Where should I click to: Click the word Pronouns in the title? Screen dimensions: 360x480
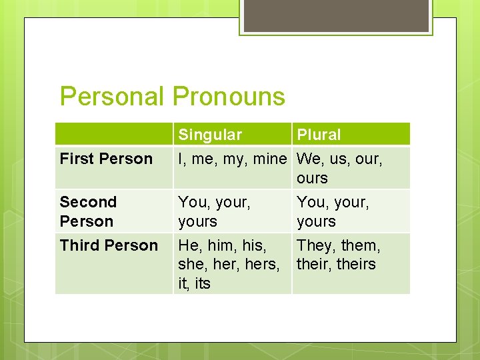(x=229, y=97)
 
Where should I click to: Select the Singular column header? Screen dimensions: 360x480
(x=209, y=135)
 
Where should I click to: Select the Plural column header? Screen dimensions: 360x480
(x=319, y=135)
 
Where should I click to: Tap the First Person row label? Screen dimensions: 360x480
(x=106, y=159)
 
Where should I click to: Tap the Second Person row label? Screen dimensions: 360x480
(x=88, y=211)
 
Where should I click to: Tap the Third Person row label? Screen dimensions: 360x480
(x=109, y=245)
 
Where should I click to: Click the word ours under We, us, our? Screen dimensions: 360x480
(x=312, y=178)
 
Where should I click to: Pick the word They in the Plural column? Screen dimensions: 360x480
(x=315, y=246)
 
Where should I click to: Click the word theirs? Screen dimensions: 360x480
(x=356, y=264)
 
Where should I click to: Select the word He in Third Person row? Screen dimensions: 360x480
(x=189, y=246)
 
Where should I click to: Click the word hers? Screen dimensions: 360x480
(x=263, y=265)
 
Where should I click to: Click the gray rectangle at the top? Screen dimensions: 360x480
(x=336, y=15)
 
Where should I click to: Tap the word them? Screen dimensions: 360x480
(x=360, y=246)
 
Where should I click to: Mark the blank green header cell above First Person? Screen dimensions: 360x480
(x=114, y=134)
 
